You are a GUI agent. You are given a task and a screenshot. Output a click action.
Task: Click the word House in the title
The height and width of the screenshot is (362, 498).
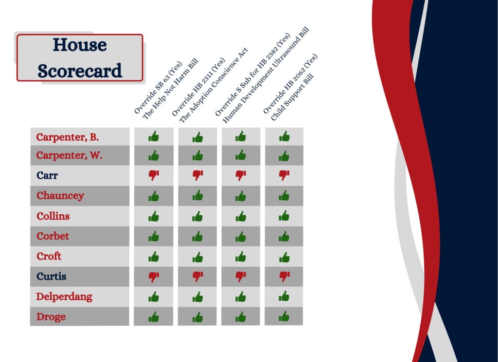(80, 45)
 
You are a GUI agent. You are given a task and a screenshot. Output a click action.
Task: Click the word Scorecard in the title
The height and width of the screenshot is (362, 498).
(80, 71)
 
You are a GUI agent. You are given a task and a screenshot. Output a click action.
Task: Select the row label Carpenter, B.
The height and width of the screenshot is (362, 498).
(67, 137)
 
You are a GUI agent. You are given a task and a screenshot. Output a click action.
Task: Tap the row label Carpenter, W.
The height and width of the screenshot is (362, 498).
(69, 155)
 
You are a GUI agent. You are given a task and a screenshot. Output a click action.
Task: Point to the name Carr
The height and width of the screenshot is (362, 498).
(47, 175)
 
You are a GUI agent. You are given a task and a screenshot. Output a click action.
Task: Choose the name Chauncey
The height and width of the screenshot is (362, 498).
(60, 196)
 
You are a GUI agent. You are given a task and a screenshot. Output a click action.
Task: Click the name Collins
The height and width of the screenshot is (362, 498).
(53, 216)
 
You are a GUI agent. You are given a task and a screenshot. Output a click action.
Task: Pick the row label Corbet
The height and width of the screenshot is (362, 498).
(53, 236)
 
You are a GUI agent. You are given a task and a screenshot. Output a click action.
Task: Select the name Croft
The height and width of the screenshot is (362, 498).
(49, 256)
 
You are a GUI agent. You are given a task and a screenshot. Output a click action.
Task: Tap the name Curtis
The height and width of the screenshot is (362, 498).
(52, 276)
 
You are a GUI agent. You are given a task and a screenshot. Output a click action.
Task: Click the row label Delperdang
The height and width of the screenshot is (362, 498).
(64, 297)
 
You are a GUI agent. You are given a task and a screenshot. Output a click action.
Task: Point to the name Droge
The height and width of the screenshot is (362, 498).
(51, 317)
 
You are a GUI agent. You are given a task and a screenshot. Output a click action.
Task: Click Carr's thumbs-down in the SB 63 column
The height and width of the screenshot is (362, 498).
(154, 175)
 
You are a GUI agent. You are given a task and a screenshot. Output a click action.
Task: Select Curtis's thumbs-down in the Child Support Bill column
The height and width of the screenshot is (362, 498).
(284, 276)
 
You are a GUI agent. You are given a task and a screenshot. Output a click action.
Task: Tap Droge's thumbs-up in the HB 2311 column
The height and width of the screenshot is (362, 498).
(197, 317)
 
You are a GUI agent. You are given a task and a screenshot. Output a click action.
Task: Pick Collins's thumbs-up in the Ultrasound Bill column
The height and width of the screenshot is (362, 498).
(241, 216)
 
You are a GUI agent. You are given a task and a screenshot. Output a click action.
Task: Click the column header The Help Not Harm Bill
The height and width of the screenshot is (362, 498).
(170, 89)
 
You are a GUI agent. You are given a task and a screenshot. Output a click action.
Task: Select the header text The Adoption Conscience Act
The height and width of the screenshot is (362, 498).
(213, 86)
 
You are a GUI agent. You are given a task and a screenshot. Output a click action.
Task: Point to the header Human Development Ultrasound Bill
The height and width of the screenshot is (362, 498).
(266, 75)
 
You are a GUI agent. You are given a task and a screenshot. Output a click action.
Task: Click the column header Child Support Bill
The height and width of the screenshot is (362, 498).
(292, 97)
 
